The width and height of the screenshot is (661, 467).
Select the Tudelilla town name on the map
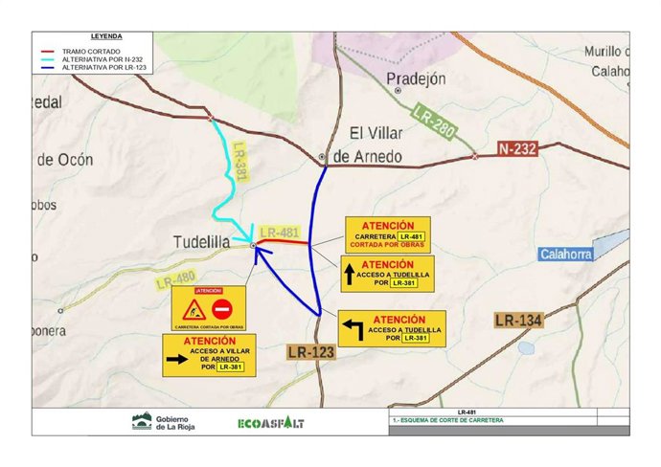(x=201, y=242)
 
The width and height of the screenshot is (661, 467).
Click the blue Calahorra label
(x=566, y=254)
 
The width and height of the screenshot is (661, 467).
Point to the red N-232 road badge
(x=517, y=149)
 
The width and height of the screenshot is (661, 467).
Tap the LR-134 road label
(x=518, y=320)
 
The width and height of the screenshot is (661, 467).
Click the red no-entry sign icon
(x=222, y=309)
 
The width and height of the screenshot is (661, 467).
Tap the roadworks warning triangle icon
(x=194, y=309)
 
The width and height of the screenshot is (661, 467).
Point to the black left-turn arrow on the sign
(x=353, y=330)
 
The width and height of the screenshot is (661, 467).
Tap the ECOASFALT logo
(x=270, y=422)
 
